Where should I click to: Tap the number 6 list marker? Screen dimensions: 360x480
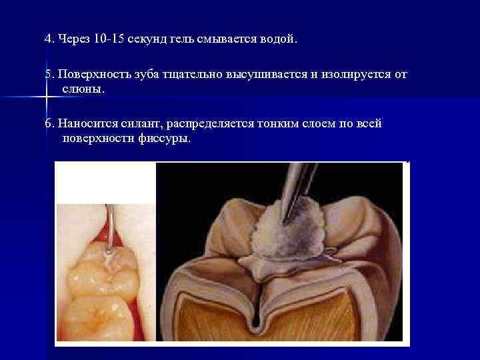[x=48, y=123]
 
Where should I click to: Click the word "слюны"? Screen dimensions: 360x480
[x=83, y=89]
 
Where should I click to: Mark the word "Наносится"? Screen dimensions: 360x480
[x=84, y=123]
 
